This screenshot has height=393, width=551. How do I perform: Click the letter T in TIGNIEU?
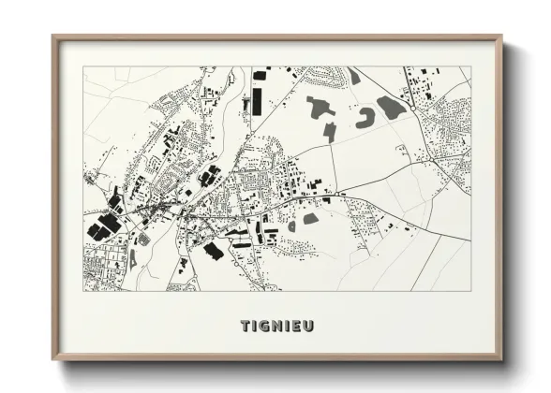coord(245,327)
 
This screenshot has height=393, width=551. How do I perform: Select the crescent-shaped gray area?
coord(365,117)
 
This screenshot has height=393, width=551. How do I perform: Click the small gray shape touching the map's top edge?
coord(353,75)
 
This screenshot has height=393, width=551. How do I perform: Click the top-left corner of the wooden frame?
coord(53,37)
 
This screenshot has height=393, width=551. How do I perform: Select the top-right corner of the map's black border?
coord(470,66)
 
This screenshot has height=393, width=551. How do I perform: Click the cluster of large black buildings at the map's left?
coord(104,226)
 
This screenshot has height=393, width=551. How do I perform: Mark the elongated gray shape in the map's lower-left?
coord(132,257)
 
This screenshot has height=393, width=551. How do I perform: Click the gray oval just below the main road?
coord(310,218)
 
